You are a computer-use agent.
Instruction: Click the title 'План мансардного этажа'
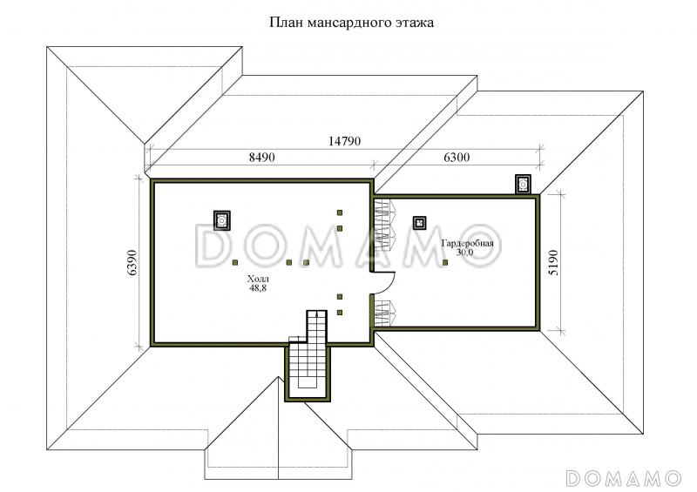(351, 23)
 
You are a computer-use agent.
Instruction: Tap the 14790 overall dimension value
(344, 141)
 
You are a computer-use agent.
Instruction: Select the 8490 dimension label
(262, 157)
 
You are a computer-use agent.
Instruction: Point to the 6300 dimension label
(457, 157)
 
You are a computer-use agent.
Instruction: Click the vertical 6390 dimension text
(132, 262)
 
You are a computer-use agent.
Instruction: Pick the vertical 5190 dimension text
(553, 262)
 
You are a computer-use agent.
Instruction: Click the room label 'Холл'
(258, 280)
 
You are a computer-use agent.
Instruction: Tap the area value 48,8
(258, 288)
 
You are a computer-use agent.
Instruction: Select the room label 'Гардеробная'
(467, 244)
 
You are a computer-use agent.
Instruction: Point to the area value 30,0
(465, 252)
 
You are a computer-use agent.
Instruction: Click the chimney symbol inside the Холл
(221, 220)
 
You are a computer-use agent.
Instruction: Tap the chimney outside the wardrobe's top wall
(523, 184)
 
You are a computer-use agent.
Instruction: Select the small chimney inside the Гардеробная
(419, 223)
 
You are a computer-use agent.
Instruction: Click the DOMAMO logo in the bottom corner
(624, 477)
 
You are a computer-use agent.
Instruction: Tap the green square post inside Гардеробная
(445, 262)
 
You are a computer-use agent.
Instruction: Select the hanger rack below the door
(385, 313)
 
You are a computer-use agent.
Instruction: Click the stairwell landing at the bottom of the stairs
(308, 382)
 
